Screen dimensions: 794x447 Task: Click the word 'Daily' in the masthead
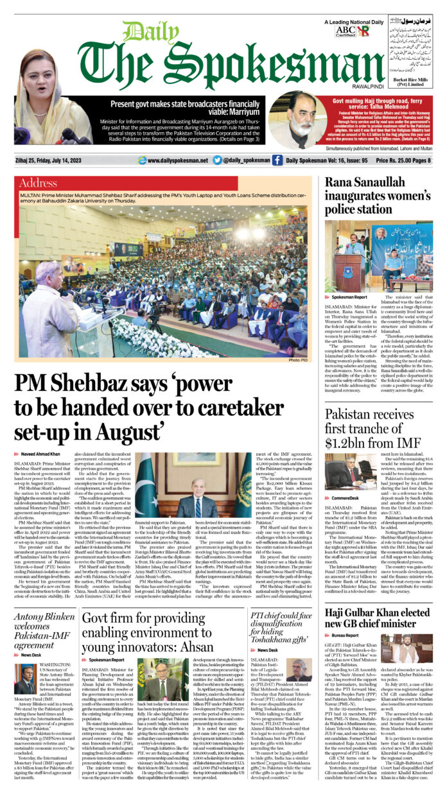click(x=142, y=33)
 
